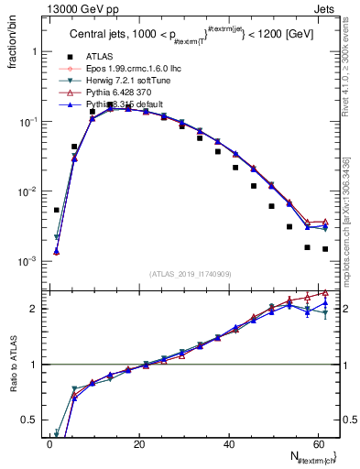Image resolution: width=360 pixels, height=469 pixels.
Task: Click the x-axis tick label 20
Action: [138, 442]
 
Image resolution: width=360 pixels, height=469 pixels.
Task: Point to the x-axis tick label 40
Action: [228, 442]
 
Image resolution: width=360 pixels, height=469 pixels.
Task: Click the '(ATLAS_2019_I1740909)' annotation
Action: [192, 273]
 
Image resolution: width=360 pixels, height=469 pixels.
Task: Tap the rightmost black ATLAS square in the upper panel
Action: [325, 249]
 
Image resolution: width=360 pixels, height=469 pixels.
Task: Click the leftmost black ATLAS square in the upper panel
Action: [57, 210]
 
